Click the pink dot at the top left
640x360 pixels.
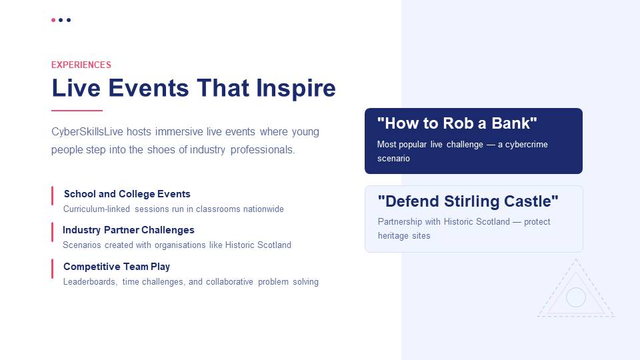pos(53,20)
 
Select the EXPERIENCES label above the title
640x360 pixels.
pos(81,65)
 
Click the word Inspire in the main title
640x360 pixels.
pos(296,88)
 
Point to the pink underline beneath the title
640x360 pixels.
pos(77,110)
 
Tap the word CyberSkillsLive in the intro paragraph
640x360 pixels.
pos(87,132)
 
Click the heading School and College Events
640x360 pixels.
pos(127,194)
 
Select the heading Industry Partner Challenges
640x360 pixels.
pos(129,230)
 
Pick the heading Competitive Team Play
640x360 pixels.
pos(117,267)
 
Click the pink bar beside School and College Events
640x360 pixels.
pos(52,196)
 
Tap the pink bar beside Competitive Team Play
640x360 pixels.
pos(52,269)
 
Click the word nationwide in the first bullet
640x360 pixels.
pos(264,209)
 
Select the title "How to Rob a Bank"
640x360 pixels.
pos(457,123)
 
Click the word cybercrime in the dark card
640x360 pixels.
pos(527,145)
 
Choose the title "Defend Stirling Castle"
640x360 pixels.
pos(468,201)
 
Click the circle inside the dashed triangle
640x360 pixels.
pos(576,297)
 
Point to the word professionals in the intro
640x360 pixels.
pos(263,150)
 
